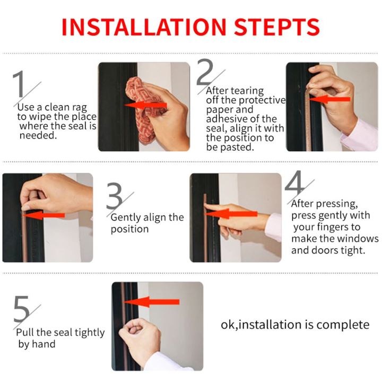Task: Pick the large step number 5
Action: coord(22,311)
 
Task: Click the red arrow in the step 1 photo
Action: coord(145,105)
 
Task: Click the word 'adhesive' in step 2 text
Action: coord(224,119)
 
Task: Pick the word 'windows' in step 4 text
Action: coord(359,238)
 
